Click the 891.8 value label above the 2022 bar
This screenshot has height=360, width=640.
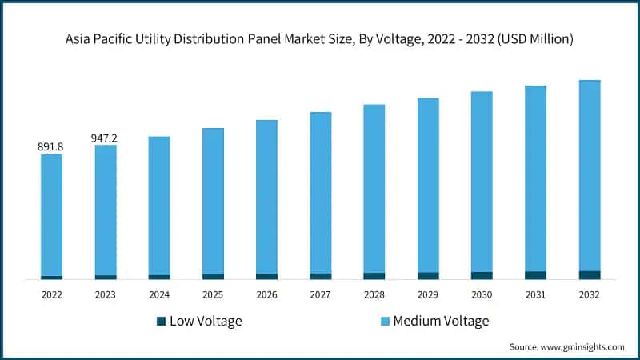tap(51, 147)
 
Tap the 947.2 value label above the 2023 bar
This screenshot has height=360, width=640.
tap(105, 138)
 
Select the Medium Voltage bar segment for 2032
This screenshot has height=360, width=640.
tap(590, 176)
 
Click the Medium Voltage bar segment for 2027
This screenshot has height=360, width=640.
tap(321, 192)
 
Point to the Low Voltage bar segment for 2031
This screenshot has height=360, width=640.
tap(535, 275)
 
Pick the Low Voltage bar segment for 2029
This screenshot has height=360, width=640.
tap(428, 276)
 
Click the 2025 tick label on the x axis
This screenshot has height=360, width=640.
tap(213, 295)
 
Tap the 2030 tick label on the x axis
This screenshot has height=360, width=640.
tap(482, 295)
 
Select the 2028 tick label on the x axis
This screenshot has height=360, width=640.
tap(374, 295)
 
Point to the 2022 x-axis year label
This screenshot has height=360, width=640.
tap(52, 295)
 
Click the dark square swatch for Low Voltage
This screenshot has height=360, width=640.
tap(161, 322)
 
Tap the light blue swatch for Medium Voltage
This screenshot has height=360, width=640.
tap(384, 322)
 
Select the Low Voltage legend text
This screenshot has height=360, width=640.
tap(206, 322)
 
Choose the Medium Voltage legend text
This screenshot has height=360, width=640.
tap(441, 322)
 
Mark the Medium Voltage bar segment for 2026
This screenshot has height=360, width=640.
tap(266, 197)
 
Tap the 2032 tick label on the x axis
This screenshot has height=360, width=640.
tap(590, 295)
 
